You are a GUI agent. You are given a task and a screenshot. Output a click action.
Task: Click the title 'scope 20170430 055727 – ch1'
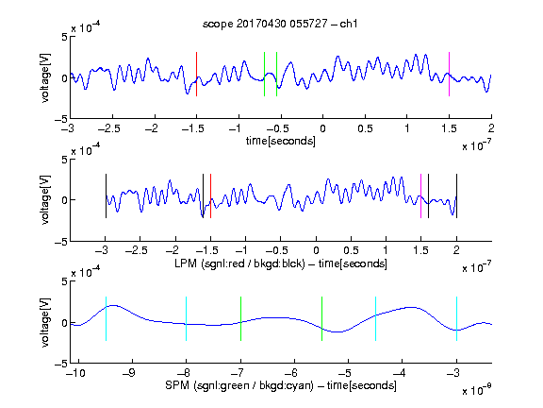pos(280,24)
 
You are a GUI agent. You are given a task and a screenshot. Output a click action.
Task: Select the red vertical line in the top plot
pos(197,75)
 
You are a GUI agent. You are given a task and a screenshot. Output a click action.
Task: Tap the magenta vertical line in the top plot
pos(449,75)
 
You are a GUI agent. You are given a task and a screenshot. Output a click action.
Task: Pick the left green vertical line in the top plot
pos(264,75)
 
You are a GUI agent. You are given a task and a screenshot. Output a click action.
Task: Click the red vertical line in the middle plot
pos(210,196)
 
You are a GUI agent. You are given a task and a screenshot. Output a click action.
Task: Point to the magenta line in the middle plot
pos(420,196)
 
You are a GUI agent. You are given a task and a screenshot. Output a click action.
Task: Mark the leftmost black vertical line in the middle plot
pos(106,196)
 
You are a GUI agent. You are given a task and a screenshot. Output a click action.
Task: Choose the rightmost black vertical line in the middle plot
pos(456,196)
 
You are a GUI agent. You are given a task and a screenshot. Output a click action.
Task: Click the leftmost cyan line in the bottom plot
pos(106,319)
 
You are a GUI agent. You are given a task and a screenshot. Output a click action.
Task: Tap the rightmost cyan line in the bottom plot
pos(456,319)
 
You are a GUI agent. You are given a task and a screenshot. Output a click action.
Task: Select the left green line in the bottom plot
pos(240,319)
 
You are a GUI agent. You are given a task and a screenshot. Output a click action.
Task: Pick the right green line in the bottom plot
pos(321,319)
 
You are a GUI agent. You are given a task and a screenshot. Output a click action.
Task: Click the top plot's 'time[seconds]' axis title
pos(281,142)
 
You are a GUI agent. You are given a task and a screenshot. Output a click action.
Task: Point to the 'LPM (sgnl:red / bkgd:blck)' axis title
pos(239,263)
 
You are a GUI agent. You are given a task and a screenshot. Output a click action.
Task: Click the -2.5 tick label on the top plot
pos(108,128)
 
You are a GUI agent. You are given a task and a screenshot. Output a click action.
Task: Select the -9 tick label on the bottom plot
pos(129,373)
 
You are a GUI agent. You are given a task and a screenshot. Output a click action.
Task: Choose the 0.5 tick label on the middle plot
pos(351,250)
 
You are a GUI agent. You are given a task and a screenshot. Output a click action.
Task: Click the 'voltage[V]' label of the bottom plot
pos(45,322)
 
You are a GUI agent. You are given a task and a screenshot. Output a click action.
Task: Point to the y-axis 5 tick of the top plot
pos(64,37)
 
